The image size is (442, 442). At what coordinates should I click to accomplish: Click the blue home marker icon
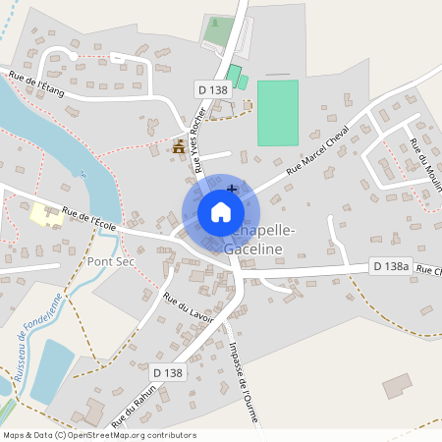coord(221,212)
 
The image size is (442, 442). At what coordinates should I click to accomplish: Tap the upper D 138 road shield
coord(213,89)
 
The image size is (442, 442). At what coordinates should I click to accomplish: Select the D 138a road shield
coord(390,266)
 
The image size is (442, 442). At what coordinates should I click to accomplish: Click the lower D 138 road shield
coord(168,372)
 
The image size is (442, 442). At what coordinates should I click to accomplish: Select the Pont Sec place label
coord(111,262)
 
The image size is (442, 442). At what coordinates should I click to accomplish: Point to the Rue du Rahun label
coord(131,408)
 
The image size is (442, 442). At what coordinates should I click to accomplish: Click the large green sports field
coord(277,113)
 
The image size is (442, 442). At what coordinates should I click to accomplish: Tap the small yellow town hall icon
coord(179,147)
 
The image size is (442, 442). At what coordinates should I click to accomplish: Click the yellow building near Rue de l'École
coord(45,214)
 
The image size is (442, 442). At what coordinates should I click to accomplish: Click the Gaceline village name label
coord(253,250)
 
